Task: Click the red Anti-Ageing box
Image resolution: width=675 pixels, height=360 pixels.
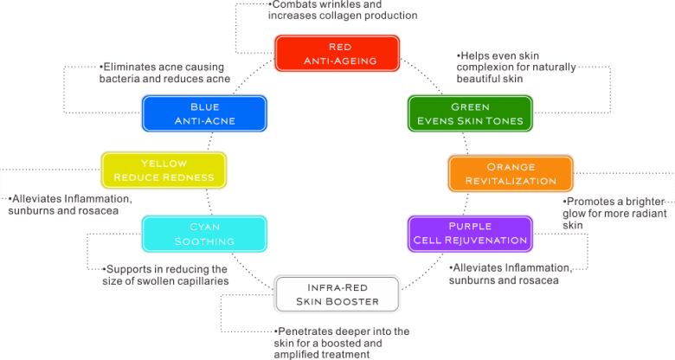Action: (337, 53)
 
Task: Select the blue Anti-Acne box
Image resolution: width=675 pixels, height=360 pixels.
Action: (204, 113)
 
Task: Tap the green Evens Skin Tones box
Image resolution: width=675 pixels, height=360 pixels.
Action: (470, 113)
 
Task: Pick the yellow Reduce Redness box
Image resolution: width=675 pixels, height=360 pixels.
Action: (164, 170)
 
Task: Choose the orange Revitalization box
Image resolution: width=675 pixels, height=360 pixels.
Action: (511, 173)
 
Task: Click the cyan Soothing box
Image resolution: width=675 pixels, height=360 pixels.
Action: (204, 234)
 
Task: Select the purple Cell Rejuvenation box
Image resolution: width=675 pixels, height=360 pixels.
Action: (470, 233)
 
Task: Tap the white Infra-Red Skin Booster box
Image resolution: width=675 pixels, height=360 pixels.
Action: (337, 293)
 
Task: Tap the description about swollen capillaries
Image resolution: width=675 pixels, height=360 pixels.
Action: (165, 274)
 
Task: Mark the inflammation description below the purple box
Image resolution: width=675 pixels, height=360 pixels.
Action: (511, 273)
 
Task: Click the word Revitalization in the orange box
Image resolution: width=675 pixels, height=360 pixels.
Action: (511, 181)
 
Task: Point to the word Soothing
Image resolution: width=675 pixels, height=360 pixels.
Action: (204, 241)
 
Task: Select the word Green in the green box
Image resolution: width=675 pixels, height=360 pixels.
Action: (470, 106)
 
